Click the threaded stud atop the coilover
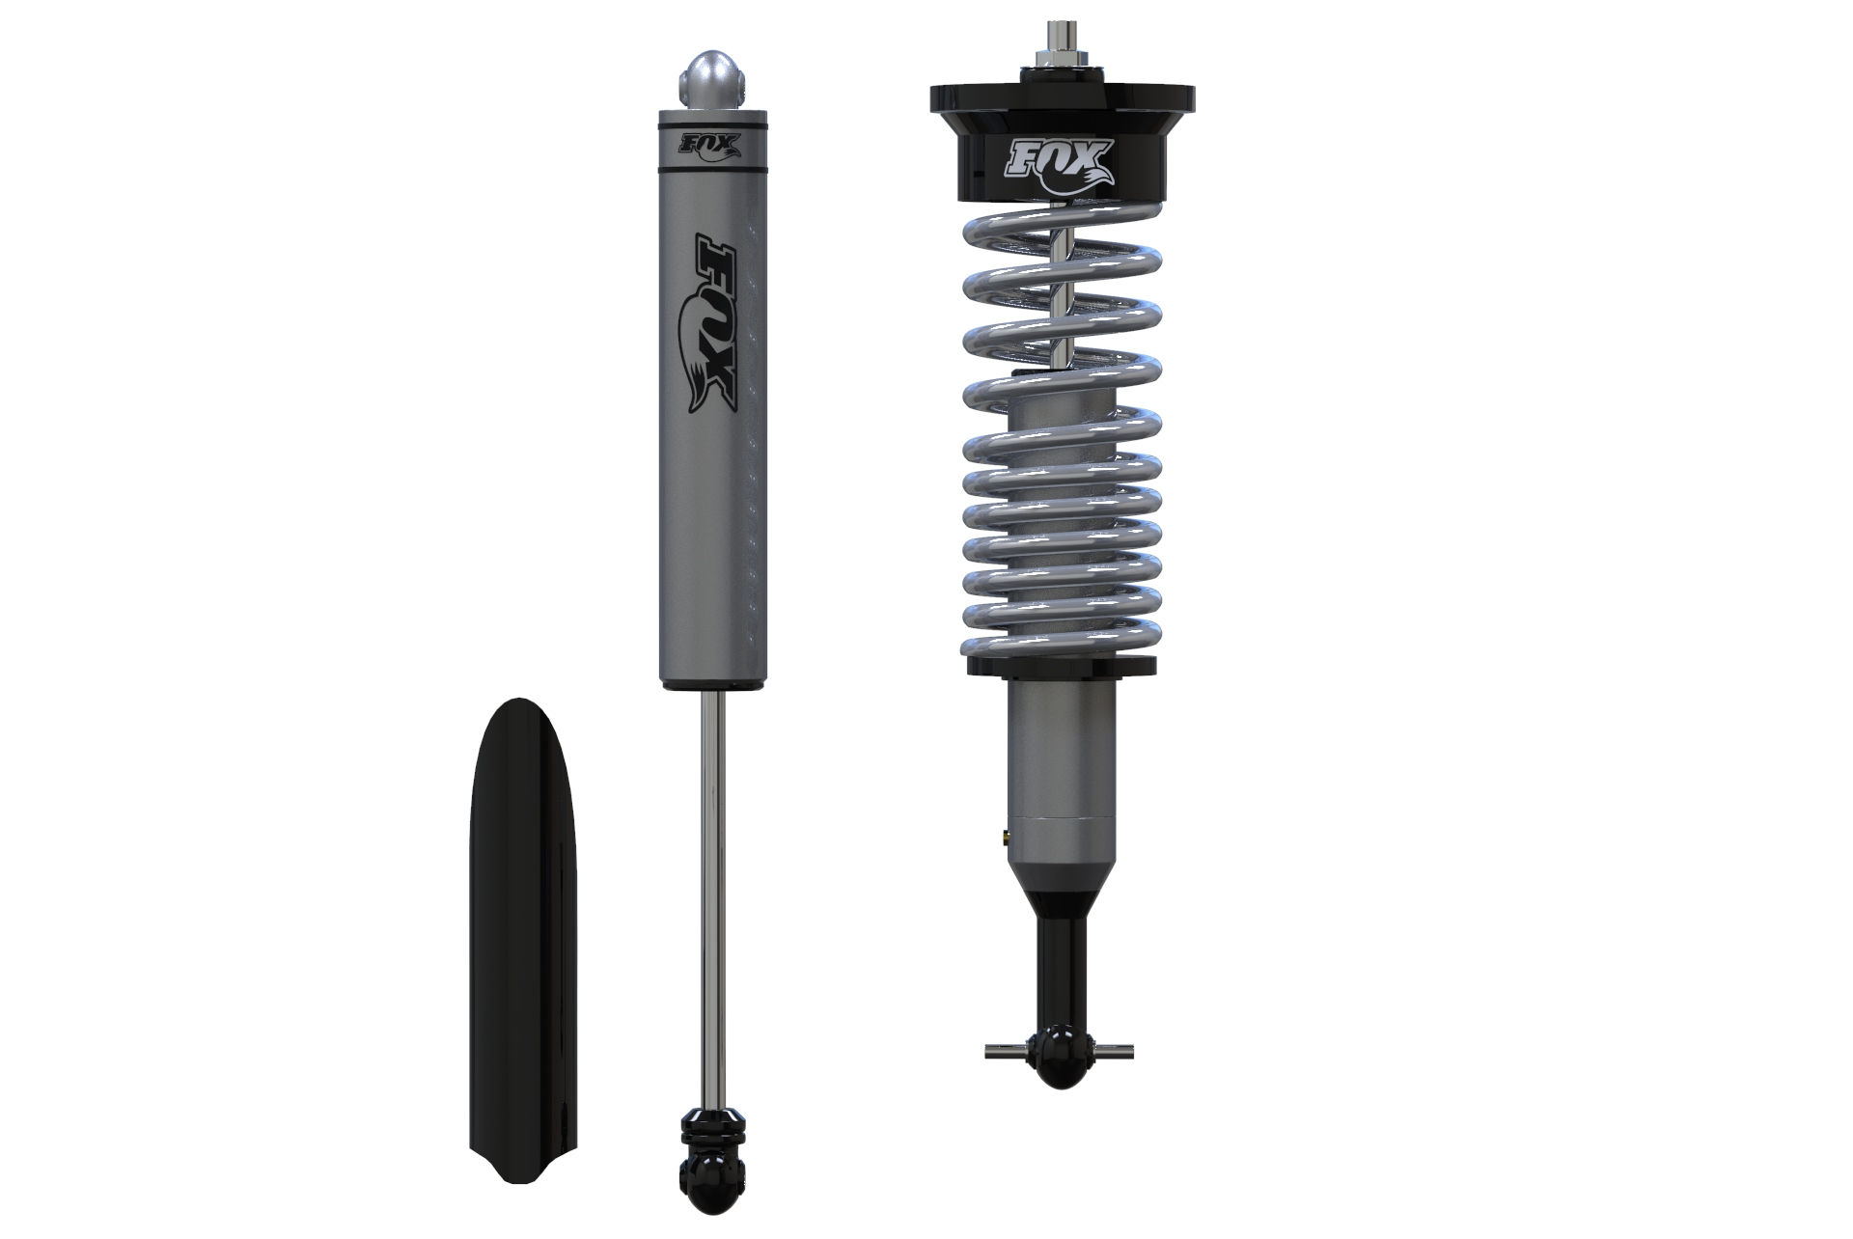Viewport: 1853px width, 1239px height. pos(1061,38)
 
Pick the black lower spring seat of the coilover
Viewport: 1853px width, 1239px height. pos(1061,667)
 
